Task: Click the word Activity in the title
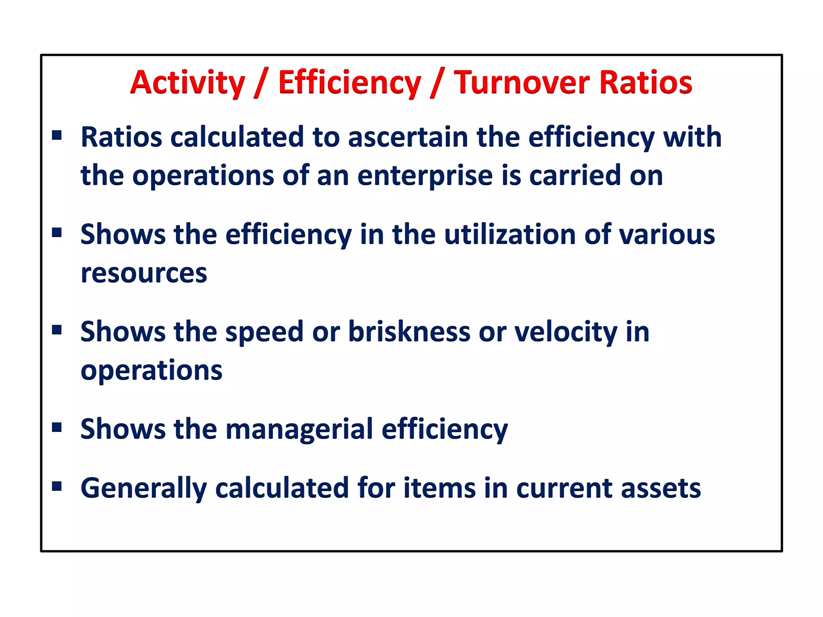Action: point(187,83)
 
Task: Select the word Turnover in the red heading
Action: point(522,83)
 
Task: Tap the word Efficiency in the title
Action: point(349,83)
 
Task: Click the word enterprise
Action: point(425,176)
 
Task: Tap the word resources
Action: point(144,273)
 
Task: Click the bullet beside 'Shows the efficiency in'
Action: point(57,232)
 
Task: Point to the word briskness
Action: point(409,332)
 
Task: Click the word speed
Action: point(264,333)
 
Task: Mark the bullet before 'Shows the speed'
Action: point(57,330)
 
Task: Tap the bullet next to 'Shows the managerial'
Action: point(57,427)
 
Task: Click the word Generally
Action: point(143,488)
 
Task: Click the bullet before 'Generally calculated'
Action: point(57,486)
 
